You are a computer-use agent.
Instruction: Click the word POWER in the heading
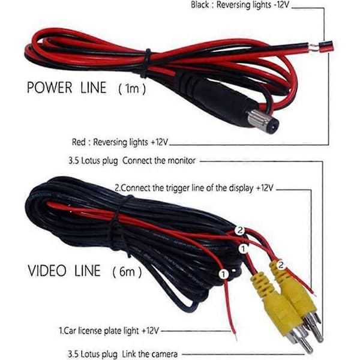click(x=49, y=88)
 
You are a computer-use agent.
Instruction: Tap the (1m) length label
click(x=132, y=89)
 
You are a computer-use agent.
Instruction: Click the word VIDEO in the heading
click(x=47, y=271)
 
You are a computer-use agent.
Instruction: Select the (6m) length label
click(x=127, y=272)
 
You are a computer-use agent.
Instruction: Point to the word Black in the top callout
click(x=200, y=5)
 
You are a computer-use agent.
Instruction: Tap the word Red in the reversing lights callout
click(x=79, y=142)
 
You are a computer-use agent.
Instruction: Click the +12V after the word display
click(x=265, y=188)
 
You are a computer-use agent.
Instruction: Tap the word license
click(x=90, y=331)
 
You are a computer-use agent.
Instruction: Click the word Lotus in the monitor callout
click(x=89, y=160)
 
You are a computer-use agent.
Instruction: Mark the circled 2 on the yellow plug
click(x=281, y=265)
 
